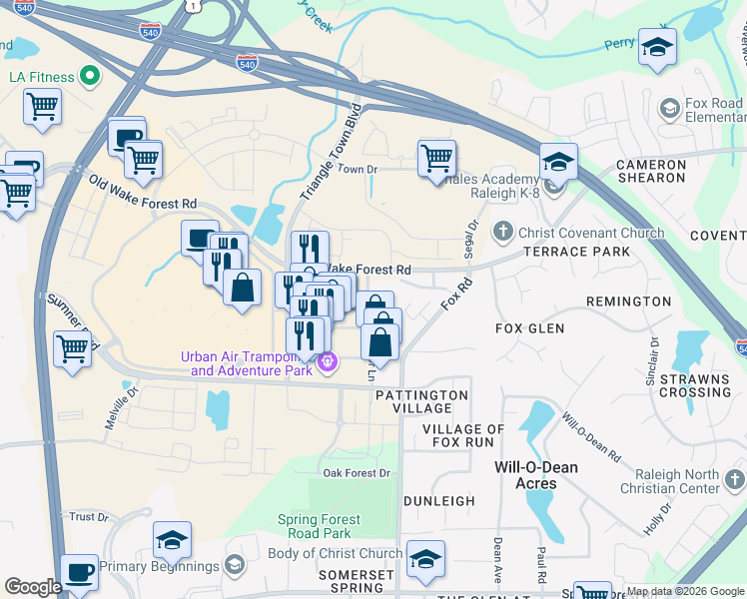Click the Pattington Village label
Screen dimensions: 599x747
pyautogui.click(x=421, y=402)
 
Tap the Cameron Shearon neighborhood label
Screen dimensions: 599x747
pyautogui.click(x=650, y=171)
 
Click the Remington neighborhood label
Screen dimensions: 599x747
pyautogui.click(x=628, y=301)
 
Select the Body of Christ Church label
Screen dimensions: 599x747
pyautogui.click(x=336, y=553)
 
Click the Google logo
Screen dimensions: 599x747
pyautogui.click(x=33, y=586)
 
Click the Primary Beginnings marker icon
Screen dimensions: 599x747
pyautogui.click(x=234, y=566)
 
